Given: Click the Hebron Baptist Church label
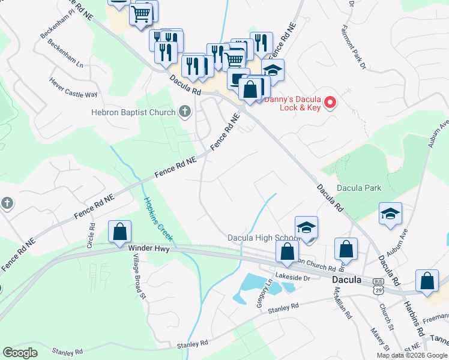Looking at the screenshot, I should pos(133,112).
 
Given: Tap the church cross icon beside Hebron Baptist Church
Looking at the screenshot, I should pos(185,112).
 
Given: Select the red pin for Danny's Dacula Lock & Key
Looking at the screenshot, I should pos(330,103).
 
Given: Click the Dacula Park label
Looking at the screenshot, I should pos(358,188).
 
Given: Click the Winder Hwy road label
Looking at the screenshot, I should pos(149,247).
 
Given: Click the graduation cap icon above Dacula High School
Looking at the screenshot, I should pos(306,227).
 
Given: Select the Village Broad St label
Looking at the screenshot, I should pos(134,281).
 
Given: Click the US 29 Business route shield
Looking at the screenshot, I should pos(378,286).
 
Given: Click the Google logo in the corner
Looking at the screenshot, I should pos(20,353).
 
